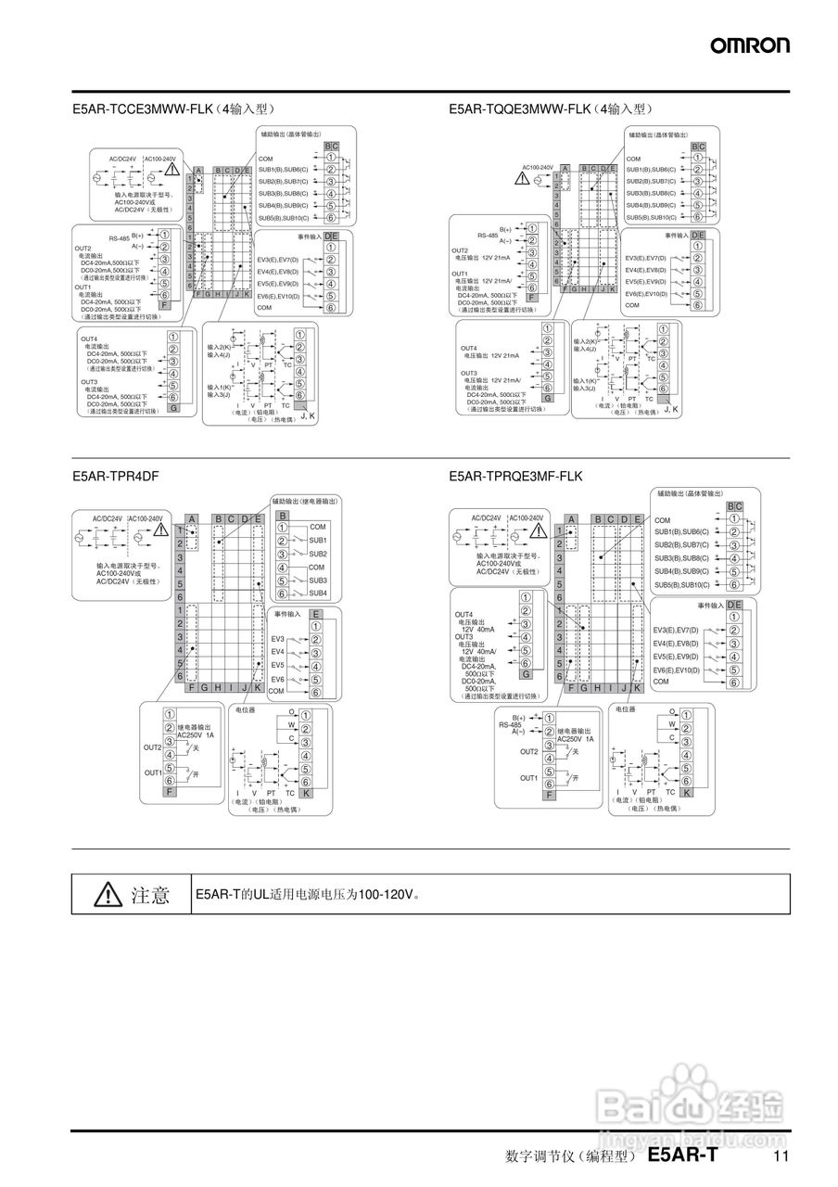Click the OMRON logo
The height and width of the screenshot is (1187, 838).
[750, 45]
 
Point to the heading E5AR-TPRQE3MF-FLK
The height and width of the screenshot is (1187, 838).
[515, 476]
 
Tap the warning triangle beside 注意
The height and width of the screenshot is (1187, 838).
[108, 894]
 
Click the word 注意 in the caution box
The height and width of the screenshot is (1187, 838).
[150, 894]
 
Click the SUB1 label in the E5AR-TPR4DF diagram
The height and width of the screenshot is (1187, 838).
[317, 541]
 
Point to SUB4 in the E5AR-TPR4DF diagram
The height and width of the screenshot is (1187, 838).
[317, 593]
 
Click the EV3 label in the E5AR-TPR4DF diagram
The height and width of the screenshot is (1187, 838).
[277, 639]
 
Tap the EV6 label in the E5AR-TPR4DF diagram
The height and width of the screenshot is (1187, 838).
[277, 679]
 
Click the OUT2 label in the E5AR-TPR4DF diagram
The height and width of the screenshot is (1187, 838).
[153, 747]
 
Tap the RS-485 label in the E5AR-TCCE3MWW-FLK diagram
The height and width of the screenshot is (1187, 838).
[119, 239]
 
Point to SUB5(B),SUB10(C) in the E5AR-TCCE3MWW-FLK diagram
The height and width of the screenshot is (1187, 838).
[284, 218]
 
